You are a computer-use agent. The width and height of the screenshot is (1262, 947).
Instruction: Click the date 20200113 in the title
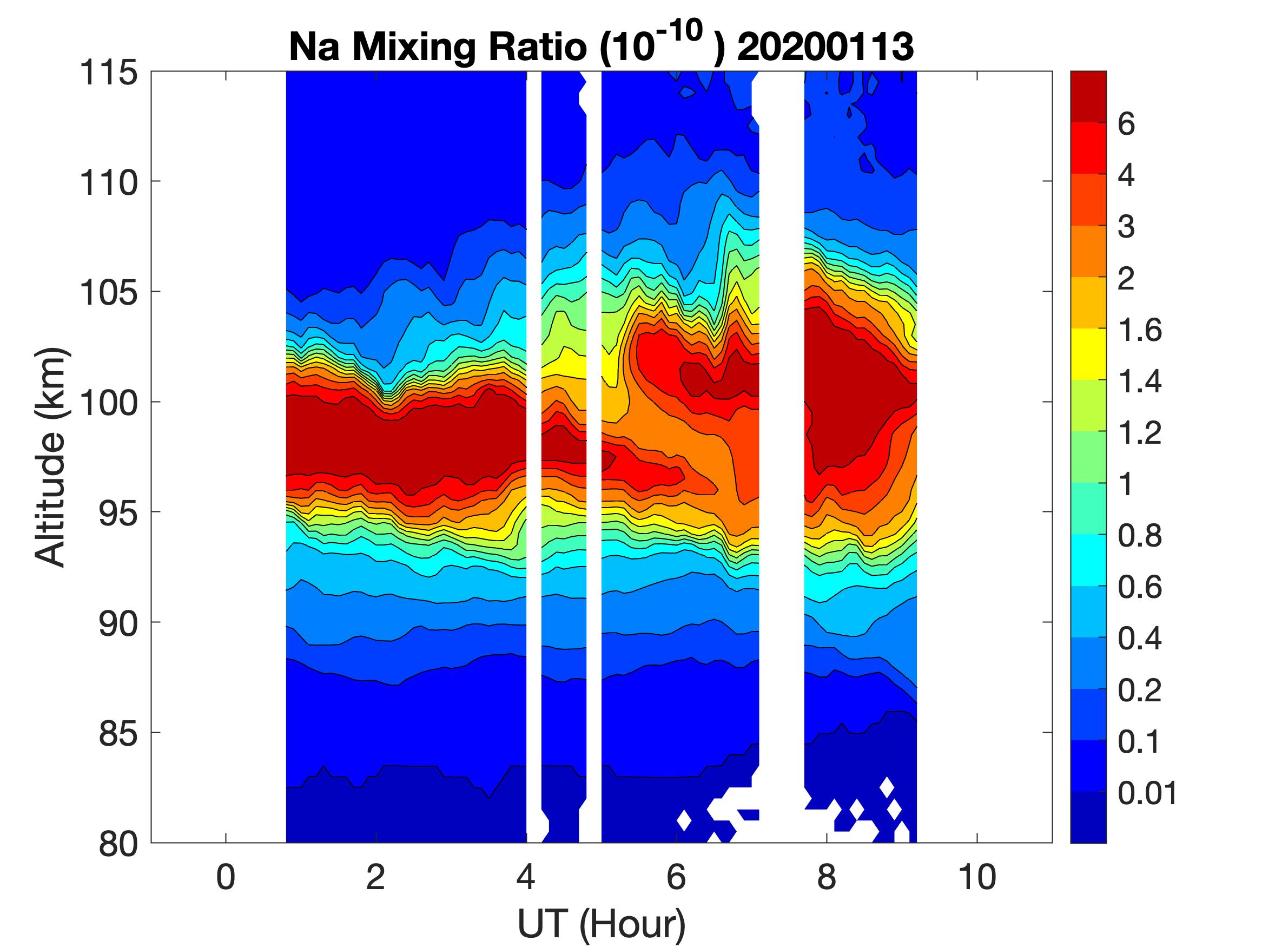pyautogui.click(x=825, y=47)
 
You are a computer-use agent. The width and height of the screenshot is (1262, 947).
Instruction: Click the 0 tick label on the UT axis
pyautogui.click(x=226, y=877)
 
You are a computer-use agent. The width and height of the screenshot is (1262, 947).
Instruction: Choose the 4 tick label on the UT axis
pyautogui.click(x=526, y=877)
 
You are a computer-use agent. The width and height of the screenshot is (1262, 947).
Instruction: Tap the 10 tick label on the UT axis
pyautogui.click(x=977, y=877)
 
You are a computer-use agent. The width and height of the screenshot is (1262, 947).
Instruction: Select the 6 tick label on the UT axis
pyautogui.click(x=676, y=877)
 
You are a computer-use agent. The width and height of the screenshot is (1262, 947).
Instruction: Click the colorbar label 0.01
pyautogui.click(x=1147, y=793)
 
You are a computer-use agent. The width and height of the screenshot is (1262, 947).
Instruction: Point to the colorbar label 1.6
pyautogui.click(x=1139, y=330)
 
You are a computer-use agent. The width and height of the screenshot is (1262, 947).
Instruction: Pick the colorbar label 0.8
pyautogui.click(x=1139, y=536)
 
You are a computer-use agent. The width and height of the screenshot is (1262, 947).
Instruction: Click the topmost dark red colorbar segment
pyautogui.click(x=1088, y=96)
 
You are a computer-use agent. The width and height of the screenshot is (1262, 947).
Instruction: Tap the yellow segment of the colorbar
pyautogui.click(x=1088, y=354)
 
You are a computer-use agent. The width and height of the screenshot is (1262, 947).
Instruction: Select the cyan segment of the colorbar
pyautogui.click(x=1088, y=560)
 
